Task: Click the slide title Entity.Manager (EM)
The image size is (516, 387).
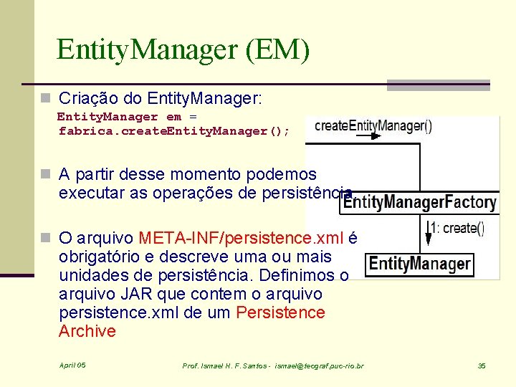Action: pos(183,50)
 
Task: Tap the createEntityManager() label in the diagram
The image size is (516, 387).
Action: pos(373,126)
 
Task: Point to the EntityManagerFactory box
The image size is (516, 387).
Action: pos(419,202)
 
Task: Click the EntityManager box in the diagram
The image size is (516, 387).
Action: pos(420,264)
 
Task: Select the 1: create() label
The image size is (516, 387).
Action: pos(457,229)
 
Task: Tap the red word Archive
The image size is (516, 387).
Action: pos(87,331)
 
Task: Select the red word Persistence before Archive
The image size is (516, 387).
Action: pos(280,313)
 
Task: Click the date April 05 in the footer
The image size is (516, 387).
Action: pos(72,365)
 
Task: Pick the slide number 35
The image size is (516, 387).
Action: pos(482,366)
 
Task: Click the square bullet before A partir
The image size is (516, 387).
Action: pos(46,174)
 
